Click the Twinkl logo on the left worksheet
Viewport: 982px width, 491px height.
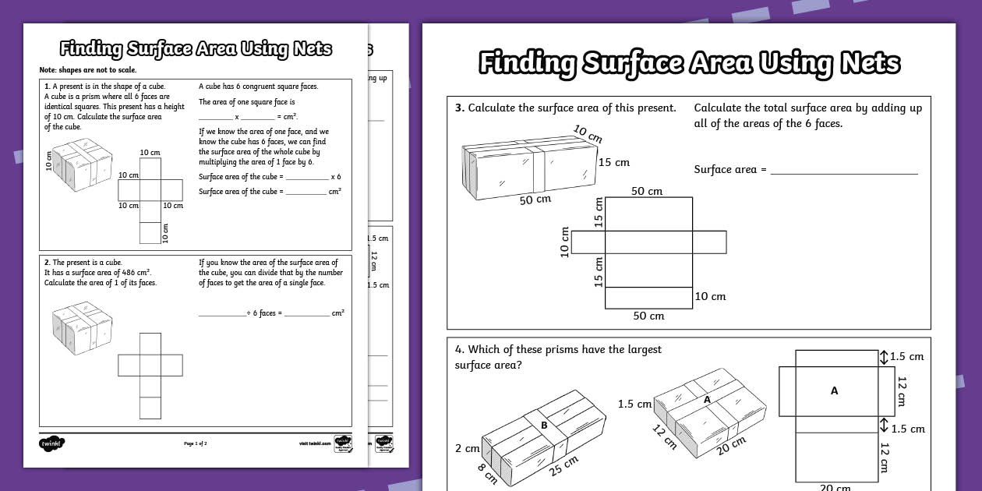pyautogui.click(x=51, y=443)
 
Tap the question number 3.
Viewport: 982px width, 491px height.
pyautogui.click(x=460, y=108)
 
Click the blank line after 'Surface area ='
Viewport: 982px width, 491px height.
pyautogui.click(x=844, y=170)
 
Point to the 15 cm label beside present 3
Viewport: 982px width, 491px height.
pyautogui.click(x=613, y=163)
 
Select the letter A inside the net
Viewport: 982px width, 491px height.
pyautogui.click(x=834, y=390)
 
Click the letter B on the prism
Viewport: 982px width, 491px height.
pyautogui.click(x=544, y=426)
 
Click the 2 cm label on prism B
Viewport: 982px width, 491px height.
pyautogui.click(x=468, y=448)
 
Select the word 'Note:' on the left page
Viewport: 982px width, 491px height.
pyautogui.click(x=48, y=70)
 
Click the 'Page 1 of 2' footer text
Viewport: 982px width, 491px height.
pyautogui.click(x=195, y=443)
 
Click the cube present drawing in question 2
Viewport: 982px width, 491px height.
pyautogui.click(x=77, y=328)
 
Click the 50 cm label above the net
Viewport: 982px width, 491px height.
pyautogui.click(x=647, y=191)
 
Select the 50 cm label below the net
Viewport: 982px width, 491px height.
pyautogui.click(x=648, y=316)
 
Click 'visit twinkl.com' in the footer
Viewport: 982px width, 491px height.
pyautogui.click(x=314, y=443)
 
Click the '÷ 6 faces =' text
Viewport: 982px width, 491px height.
pyautogui.click(x=264, y=313)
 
